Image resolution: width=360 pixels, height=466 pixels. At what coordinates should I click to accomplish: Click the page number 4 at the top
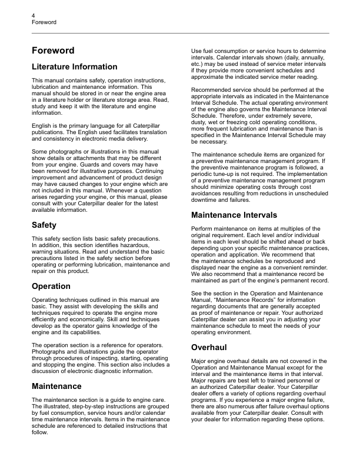[34, 15]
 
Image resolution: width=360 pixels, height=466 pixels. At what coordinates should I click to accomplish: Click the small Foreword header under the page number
[44, 22]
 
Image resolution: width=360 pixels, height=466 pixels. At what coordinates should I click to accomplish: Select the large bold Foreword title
[53, 51]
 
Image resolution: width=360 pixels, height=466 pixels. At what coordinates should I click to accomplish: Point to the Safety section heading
[44, 225]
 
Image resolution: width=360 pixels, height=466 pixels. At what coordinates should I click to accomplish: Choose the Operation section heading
[51, 287]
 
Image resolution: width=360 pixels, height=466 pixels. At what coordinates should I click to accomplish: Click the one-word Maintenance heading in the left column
[56, 386]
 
